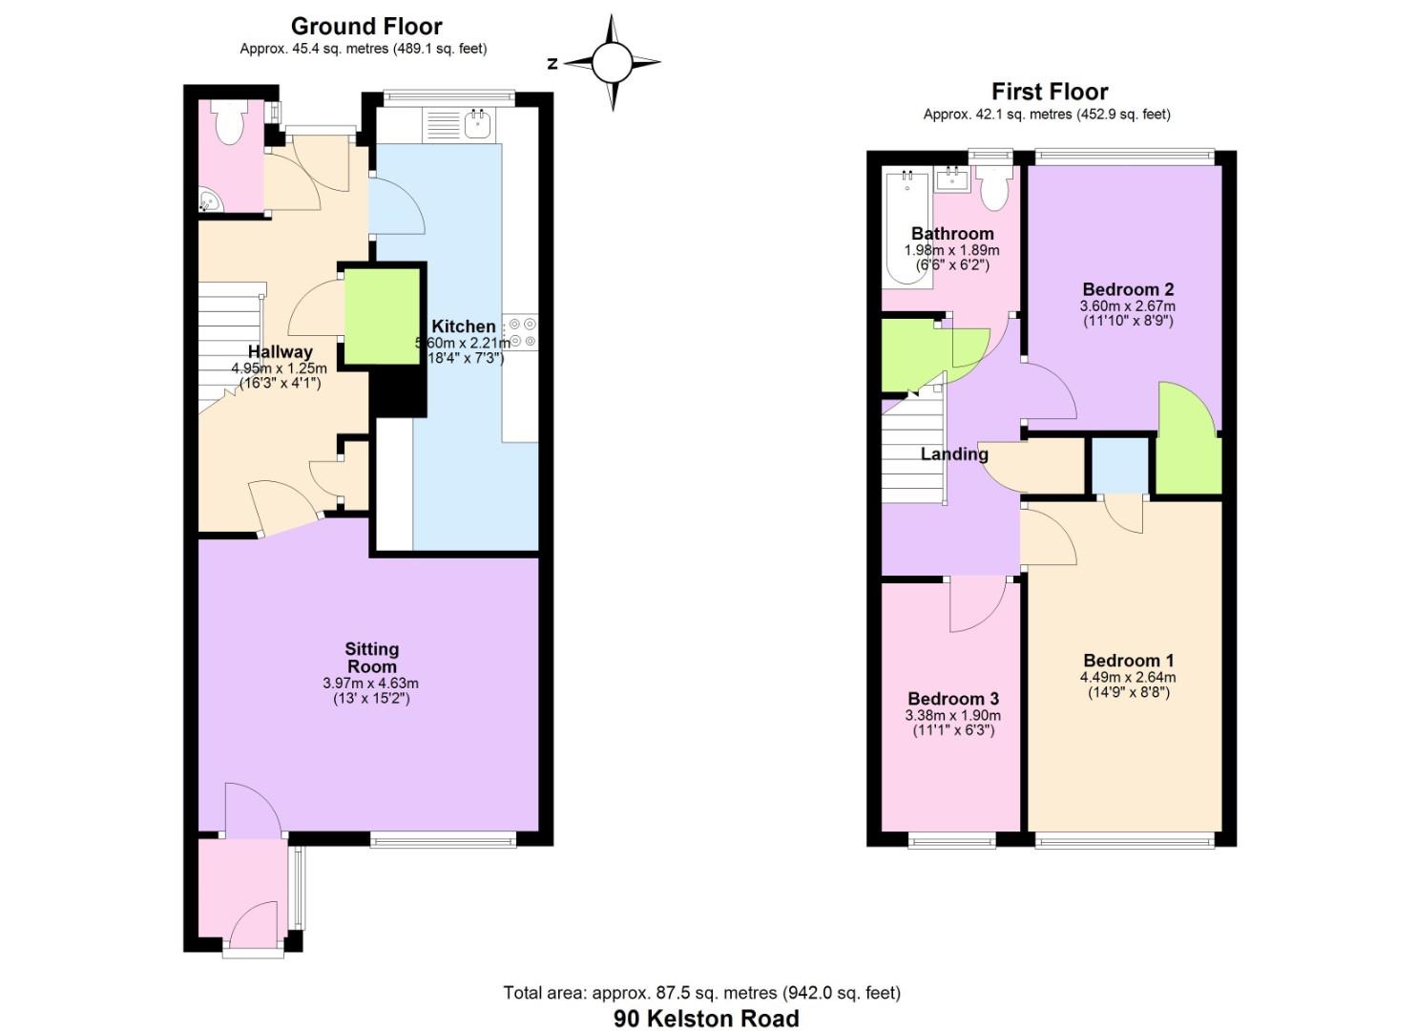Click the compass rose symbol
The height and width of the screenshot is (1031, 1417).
click(x=612, y=63)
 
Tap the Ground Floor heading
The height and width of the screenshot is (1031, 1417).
click(x=366, y=26)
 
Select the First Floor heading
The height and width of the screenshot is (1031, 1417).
click(x=1049, y=92)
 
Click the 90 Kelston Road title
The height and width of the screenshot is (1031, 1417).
click(x=706, y=1019)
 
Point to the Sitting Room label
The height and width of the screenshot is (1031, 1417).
click(x=371, y=658)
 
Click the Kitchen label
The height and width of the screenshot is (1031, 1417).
click(x=464, y=326)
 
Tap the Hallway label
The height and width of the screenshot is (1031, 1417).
click(x=280, y=351)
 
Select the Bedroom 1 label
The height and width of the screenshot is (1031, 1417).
click(x=1128, y=661)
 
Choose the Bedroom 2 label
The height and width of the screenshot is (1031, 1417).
click(x=1128, y=289)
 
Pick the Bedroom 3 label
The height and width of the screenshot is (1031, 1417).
click(x=952, y=699)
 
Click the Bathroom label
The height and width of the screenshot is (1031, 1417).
click(x=951, y=234)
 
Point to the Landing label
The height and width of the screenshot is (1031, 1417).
click(x=953, y=454)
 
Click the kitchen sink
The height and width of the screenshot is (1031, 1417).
click(x=477, y=123)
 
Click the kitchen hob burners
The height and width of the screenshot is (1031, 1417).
click(x=522, y=332)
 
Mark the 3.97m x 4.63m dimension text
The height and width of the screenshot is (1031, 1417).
click(x=370, y=684)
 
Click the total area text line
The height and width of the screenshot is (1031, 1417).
click(x=701, y=993)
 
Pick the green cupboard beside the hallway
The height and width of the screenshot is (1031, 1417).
click(x=382, y=316)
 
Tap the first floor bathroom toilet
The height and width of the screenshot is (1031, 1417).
click(x=994, y=189)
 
